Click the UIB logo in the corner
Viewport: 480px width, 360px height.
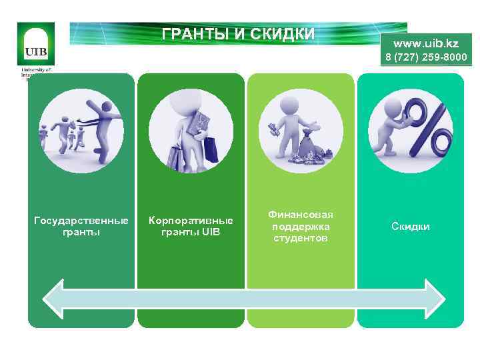tap(36, 44)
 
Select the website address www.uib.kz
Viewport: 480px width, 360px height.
tap(426, 43)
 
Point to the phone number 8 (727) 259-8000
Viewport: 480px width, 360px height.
tap(425, 57)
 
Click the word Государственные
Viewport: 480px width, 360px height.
tap(81, 221)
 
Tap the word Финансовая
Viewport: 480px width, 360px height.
tap(301, 215)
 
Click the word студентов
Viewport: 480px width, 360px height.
tap(301, 238)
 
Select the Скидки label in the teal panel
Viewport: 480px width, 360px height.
tap(410, 227)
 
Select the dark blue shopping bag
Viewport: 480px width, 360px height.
tap(211, 148)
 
